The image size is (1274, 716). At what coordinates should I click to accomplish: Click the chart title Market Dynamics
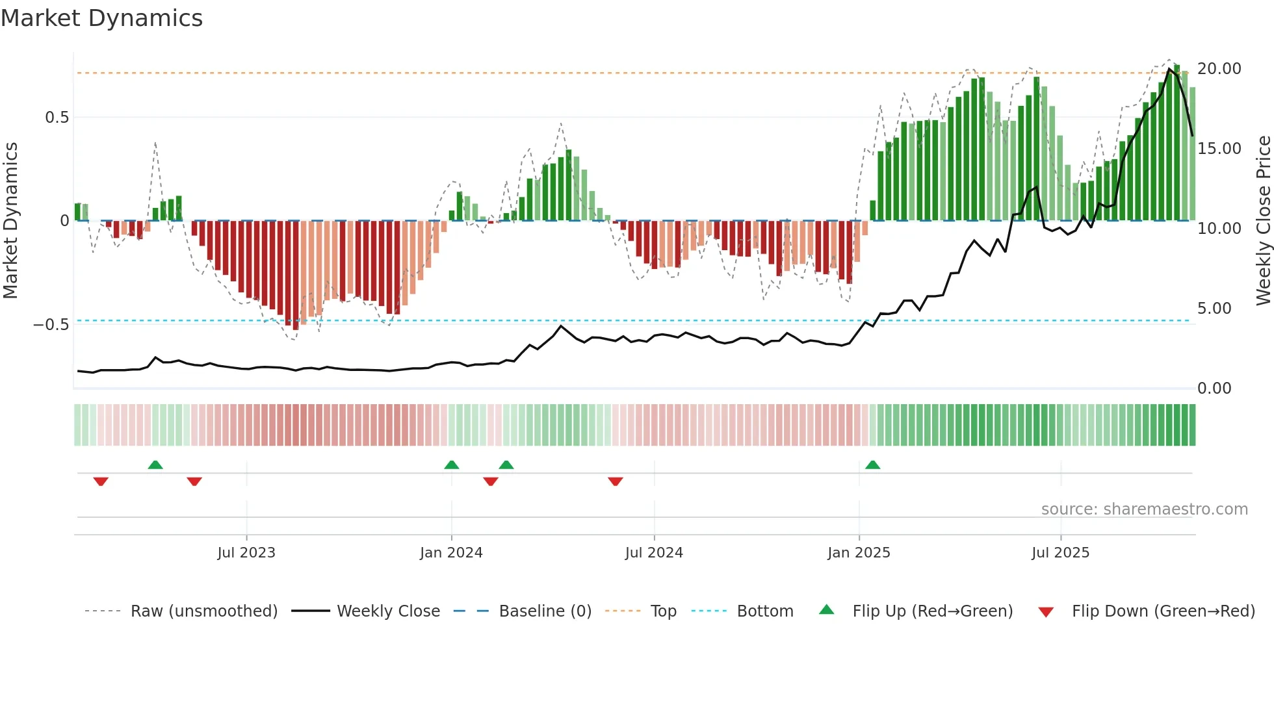[102, 18]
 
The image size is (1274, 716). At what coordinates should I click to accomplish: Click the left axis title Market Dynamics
[11, 220]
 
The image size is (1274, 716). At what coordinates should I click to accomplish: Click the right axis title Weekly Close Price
[1263, 220]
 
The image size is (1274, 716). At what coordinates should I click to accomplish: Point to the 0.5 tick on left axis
[57, 118]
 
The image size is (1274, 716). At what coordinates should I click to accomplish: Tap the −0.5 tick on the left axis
[51, 324]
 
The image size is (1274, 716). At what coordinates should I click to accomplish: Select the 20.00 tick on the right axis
[1219, 69]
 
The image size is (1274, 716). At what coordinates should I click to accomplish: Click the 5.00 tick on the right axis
[1214, 309]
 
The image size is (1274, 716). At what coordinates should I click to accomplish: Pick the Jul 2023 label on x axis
[246, 553]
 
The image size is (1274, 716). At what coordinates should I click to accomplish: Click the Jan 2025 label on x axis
[859, 553]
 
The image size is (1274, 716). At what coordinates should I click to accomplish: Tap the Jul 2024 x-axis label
[654, 553]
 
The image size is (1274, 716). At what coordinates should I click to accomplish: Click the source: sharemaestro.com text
[1144, 509]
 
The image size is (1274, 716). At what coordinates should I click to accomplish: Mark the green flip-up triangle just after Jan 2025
[873, 465]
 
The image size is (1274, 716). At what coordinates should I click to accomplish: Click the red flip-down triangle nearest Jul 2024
[616, 481]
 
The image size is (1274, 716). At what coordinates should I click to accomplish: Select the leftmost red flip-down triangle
[101, 481]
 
